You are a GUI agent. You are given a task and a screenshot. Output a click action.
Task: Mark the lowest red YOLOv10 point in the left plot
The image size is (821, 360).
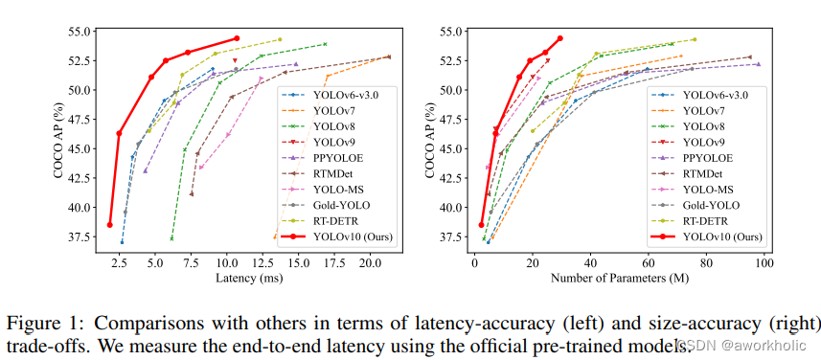110,225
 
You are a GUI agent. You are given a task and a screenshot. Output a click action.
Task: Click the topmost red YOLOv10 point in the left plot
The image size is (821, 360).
237,38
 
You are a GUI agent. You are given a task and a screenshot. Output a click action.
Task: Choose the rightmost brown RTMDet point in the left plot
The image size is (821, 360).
388,56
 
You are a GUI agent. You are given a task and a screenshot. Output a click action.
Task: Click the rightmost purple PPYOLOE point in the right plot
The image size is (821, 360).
758,64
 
